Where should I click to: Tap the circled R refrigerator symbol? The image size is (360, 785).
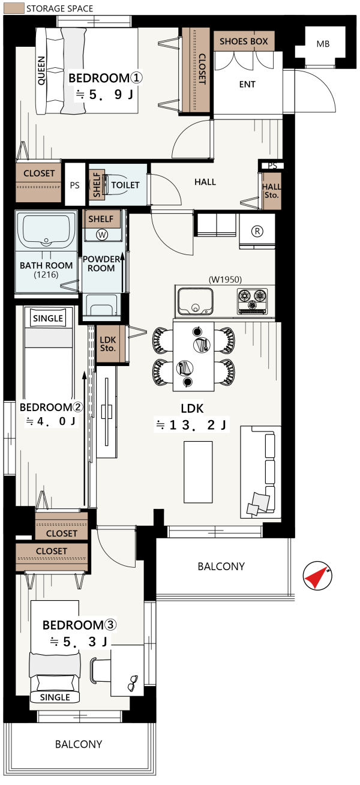click(257, 231)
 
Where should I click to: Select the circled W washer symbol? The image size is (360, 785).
click(102, 235)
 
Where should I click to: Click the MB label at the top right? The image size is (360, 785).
click(323, 44)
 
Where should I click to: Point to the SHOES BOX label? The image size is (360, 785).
click(244, 41)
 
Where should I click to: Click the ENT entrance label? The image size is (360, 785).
click(247, 85)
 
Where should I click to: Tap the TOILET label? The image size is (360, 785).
click(125, 185)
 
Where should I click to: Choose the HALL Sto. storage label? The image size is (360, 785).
click(272, 191)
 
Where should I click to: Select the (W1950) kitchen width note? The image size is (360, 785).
click(225, 280)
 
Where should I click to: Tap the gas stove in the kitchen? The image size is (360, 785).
click(252, 301)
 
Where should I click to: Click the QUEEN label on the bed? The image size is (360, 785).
click(41, 71)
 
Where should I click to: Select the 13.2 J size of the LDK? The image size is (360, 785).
click(192, 425)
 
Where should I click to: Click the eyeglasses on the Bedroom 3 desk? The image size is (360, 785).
click(133, 683)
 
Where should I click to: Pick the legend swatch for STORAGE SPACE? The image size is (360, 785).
click(14, 8)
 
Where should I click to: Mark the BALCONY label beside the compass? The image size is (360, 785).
click(221, 567)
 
